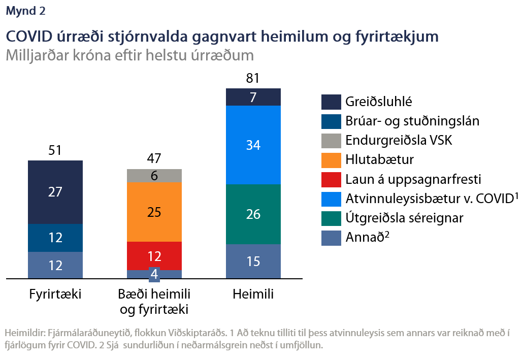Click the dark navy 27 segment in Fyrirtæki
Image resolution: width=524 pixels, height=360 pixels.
[x=55, y=192]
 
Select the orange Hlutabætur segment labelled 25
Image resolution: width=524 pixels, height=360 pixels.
[x=154, y=212]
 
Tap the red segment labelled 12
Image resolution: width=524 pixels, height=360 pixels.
[x=154, y=255]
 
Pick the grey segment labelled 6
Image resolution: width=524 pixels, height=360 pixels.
[x=154, y=176]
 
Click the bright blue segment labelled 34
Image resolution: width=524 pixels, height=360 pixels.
[x=253, y=145]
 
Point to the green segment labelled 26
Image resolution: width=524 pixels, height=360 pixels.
[x=253, y=214]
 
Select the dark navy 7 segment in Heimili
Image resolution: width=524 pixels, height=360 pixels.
[x=253, y=97]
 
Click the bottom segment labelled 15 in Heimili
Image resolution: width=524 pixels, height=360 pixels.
[x=253, y=261]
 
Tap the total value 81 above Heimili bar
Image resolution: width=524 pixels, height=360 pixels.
[x=253, y=78]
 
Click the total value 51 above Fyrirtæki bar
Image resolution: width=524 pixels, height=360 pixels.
[x=55, y=150]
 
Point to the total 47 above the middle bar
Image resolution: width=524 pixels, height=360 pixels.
[x=154, y=159]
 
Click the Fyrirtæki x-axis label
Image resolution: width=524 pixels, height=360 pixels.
[x=55, y=294]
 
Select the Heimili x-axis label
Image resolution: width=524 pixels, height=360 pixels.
[x=253, y=294]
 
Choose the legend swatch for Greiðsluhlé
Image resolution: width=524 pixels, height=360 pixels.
[x=331, y=102]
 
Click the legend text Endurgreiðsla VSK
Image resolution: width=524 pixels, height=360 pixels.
[x=399, y=140]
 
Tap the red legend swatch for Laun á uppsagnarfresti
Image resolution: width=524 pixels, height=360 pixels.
[x=331, y=179]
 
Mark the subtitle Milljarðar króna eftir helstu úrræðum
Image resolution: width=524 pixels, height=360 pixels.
[x=129, y=55]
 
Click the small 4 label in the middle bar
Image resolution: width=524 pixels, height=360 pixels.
[x=154, y=274]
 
